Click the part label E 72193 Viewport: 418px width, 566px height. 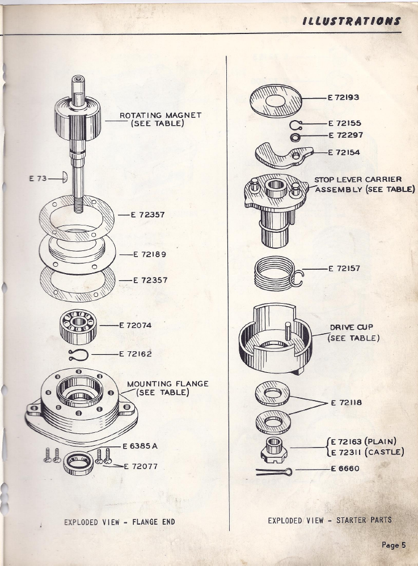click(343, 97)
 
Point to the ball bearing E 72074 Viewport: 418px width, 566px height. click(78, 326)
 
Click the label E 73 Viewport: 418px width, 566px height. click(38, 178)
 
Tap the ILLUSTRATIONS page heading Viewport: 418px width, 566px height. click(352, 21)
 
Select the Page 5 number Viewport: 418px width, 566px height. click(394, 545)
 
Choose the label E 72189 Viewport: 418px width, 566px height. click(150, 254)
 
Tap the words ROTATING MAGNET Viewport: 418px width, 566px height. click(161, 116)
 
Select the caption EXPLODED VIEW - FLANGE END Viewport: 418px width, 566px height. click(120, 522)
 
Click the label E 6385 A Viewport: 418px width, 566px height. click(140, 446)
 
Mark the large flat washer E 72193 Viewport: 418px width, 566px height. click(276, 101)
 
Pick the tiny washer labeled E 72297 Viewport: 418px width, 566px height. click(295, 138)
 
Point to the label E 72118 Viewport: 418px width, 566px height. click(346, 402)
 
